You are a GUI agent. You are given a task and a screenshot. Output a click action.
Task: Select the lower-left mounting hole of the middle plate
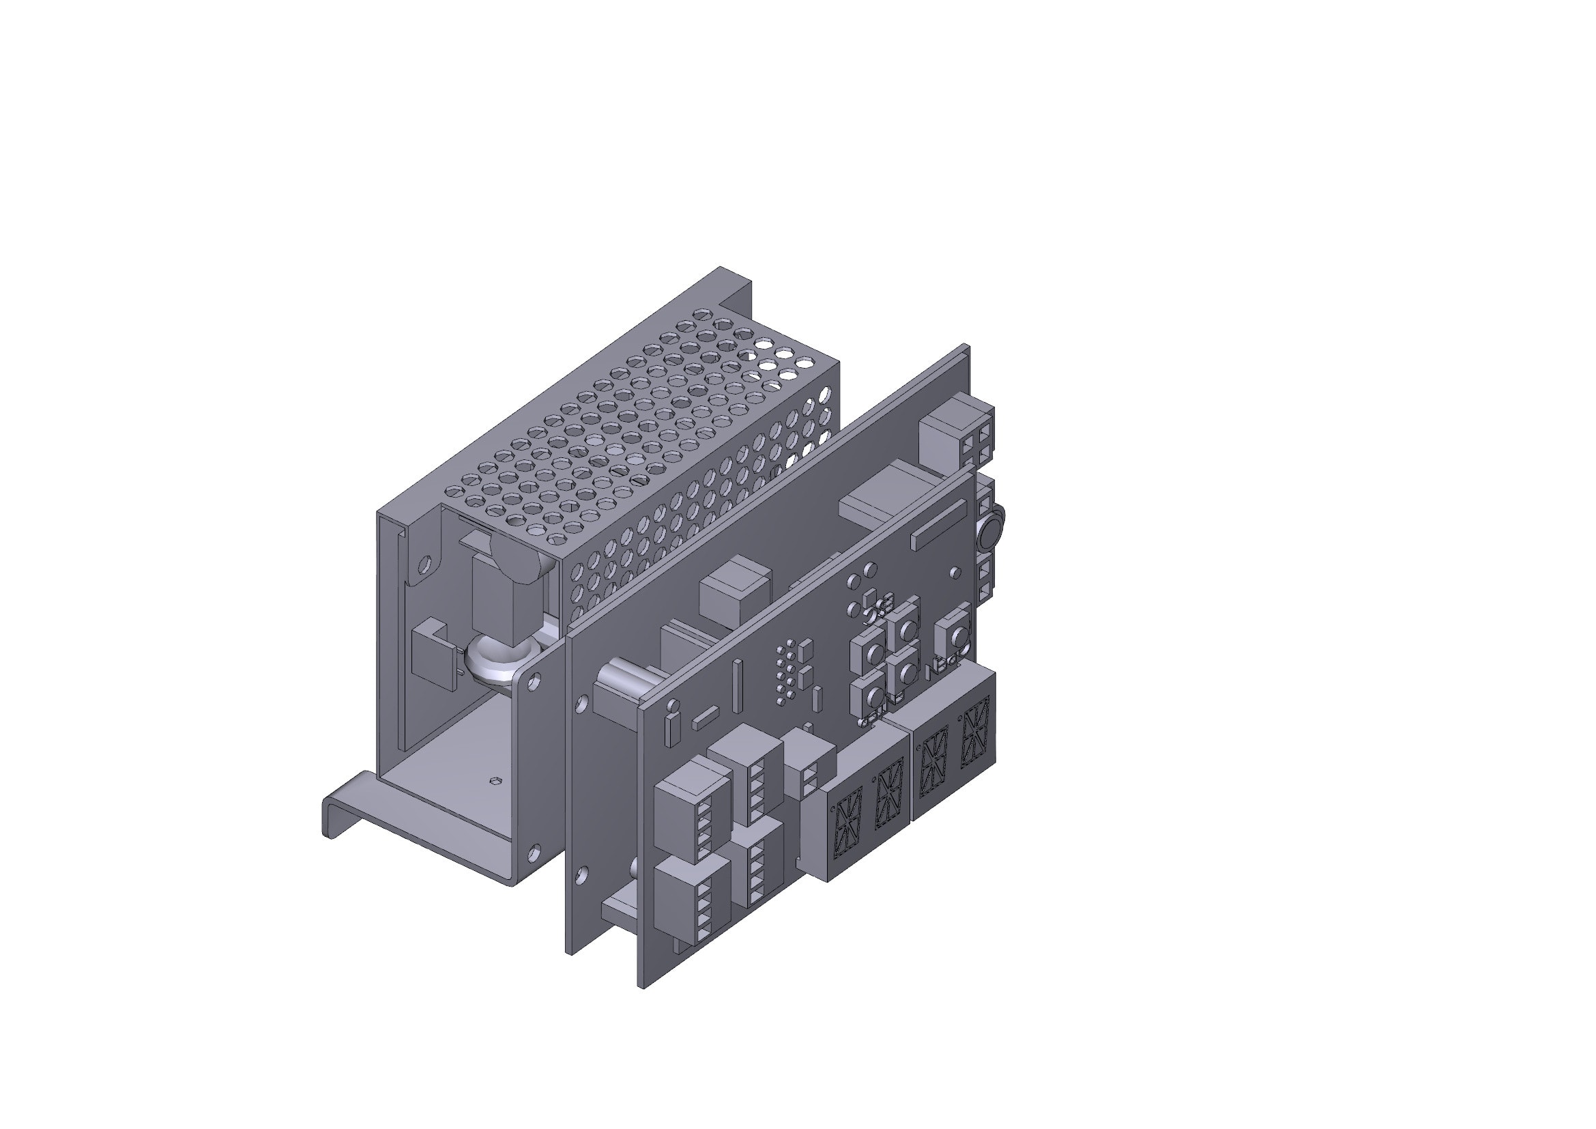pos(583,874)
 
